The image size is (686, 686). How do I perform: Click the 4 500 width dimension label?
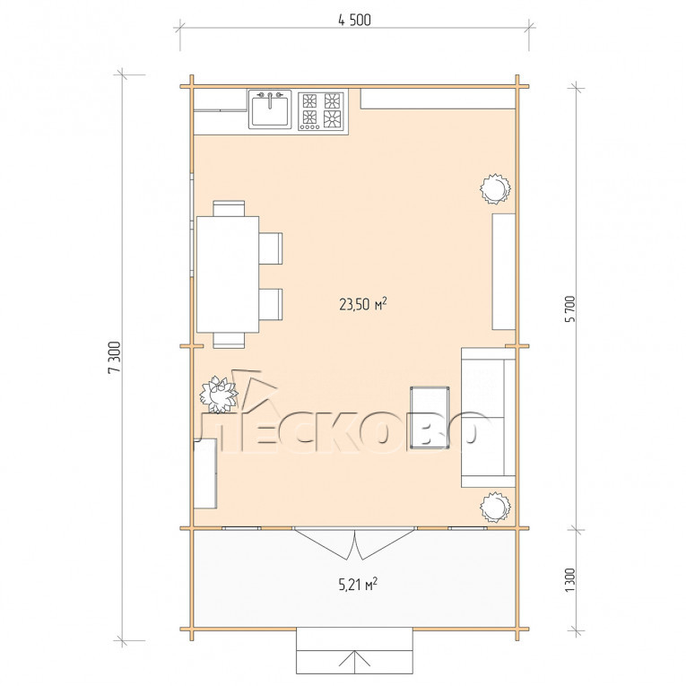tap(354, 20)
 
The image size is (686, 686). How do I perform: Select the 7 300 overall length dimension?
tap(114, 357)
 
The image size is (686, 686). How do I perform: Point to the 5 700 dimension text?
tap(570, 308)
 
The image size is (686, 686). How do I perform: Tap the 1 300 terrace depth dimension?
tap(570, 579)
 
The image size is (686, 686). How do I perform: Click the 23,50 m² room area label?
tap(362, 304)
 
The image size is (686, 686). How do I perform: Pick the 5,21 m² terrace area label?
tap(358, 584)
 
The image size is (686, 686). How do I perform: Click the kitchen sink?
tap(270, 109)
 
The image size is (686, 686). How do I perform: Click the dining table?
tap(228, 274)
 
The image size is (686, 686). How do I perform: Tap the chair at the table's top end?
tap(229, 208)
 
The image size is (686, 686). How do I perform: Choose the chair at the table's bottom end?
tap(229, 341)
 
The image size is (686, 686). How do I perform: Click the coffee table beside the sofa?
tap(430, 417)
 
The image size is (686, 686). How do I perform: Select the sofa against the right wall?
tap(488, 417)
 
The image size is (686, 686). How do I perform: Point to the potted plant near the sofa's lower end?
tap(495, 507)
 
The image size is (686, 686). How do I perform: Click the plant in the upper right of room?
tap(495, 188)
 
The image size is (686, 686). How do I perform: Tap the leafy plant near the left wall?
tap(218, 395)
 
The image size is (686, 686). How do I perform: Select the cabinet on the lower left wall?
tap(205, 473)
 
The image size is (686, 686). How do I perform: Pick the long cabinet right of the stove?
tap(438, 99)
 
